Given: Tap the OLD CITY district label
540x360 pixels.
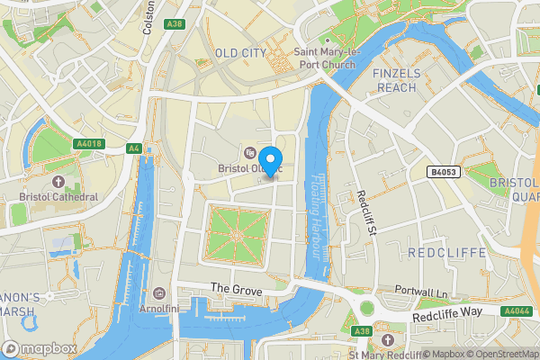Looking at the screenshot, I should tap(240, 53).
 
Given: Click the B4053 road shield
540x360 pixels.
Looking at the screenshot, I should tap(443, 171).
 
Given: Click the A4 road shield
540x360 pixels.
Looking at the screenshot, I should tap(134, 148).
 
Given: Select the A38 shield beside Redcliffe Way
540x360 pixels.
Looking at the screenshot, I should tap(362, 331).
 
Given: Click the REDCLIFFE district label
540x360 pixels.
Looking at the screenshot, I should tap(446, 252).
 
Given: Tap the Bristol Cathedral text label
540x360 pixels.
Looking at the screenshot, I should tap(58, 196).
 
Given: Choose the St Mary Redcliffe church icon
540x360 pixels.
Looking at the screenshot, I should tap(387, 340).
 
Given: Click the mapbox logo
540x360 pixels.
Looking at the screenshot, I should tap(40, 347).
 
